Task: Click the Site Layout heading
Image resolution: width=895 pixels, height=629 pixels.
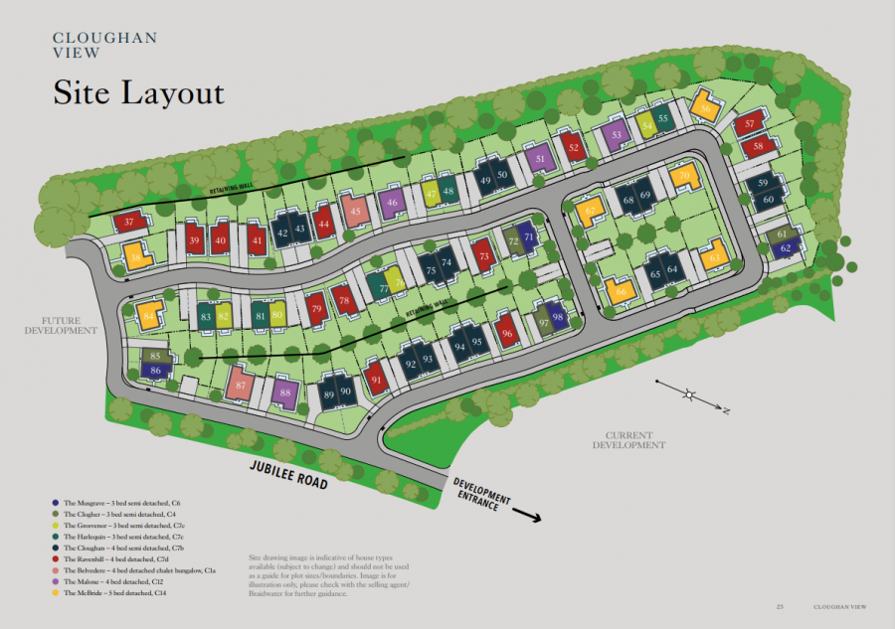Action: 138,93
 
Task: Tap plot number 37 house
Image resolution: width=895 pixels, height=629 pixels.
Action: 129,224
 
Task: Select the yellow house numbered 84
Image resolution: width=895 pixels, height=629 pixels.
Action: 148,316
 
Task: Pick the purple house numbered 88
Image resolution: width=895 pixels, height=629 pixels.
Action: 285,393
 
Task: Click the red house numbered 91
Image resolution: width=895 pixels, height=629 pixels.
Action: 376,379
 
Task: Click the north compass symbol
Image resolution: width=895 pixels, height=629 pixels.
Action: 690,394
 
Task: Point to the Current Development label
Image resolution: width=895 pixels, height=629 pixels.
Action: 628,440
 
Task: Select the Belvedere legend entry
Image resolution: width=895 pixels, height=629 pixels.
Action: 139,570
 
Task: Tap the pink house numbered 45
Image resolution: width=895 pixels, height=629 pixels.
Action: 356,210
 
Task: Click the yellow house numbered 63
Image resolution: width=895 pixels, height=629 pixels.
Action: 715,258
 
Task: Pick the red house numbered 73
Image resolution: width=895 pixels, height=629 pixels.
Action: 484,256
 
